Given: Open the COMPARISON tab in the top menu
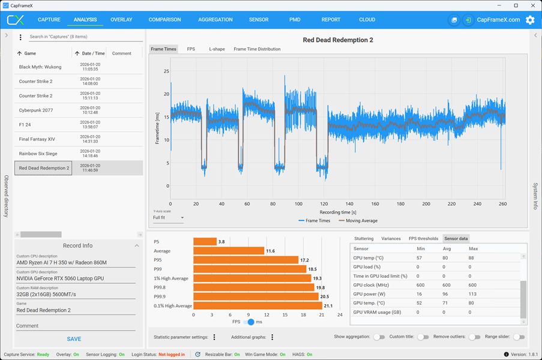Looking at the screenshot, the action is (164, 20).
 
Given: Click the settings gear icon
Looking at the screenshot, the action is (530, 20).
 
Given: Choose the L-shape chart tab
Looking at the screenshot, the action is (217, 49).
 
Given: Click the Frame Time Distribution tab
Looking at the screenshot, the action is (257, 49).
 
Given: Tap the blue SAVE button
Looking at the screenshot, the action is (74, 339).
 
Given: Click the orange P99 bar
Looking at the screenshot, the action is (250, 269).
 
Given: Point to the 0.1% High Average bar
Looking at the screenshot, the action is (257, 306).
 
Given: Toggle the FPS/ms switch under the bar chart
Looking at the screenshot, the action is (248, 322).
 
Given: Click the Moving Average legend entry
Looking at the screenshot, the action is (358, 221).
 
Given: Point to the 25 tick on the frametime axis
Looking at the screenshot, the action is (167, 71).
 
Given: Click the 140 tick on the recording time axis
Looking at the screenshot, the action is (349, 204).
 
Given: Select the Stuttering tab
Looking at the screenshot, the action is (364, 239).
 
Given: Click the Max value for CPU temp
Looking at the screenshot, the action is (471, 258).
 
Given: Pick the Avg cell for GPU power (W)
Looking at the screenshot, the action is (445, 294).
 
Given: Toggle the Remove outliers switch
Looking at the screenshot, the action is (475, 337).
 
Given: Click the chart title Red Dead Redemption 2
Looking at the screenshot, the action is (338, 40).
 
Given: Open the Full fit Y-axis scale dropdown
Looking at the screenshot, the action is (168, 218).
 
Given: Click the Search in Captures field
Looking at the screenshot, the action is (86, 37).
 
